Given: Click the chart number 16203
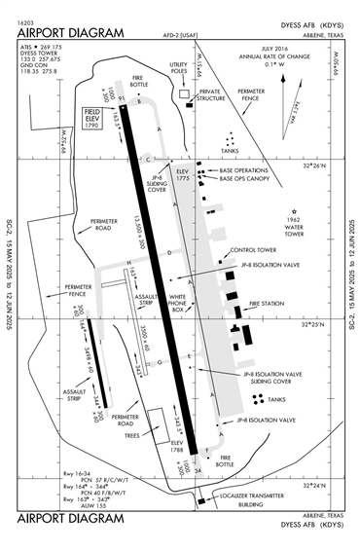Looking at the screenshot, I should point(26,21).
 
